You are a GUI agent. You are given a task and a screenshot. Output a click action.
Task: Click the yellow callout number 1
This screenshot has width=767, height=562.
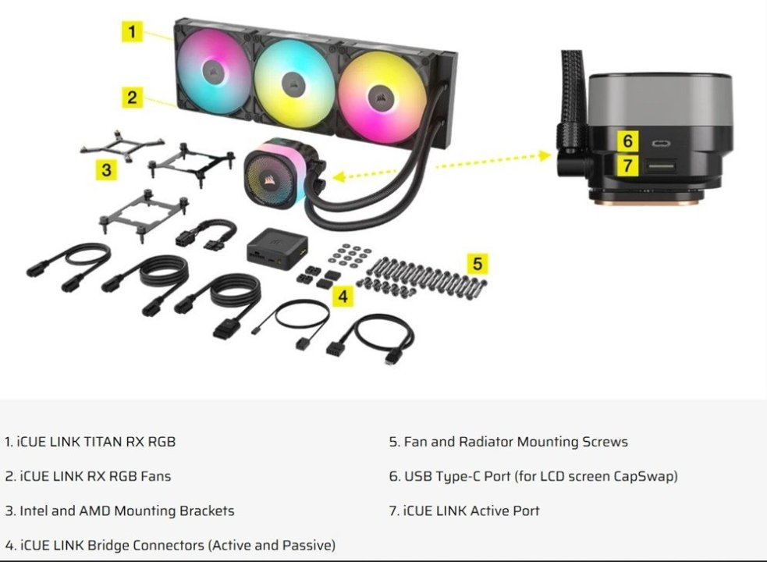click(x=133, y=31)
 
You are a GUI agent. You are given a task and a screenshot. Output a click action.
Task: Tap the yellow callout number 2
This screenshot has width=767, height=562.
click(x=133, y=97)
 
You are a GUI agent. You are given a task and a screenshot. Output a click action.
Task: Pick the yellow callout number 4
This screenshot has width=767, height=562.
click(x=343, y=296)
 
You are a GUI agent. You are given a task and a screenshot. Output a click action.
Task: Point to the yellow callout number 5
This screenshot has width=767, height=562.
click(x=478, y=263)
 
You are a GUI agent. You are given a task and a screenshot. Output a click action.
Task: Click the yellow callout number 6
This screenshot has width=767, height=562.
click(x=627, y=141)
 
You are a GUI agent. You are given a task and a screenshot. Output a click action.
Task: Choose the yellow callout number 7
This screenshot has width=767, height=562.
click(x=627, y=165)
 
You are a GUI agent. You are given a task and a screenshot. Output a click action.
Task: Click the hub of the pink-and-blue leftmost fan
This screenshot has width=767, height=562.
click(x=211, y=73)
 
